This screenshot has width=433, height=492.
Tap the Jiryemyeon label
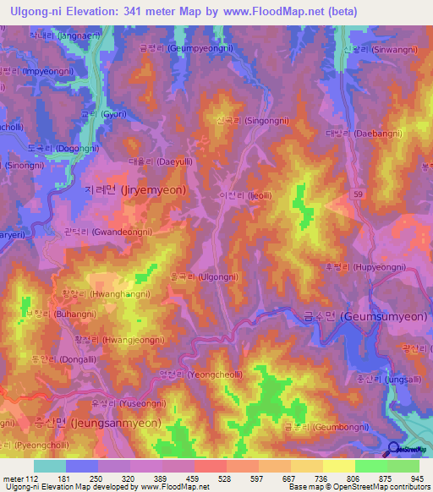136,191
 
